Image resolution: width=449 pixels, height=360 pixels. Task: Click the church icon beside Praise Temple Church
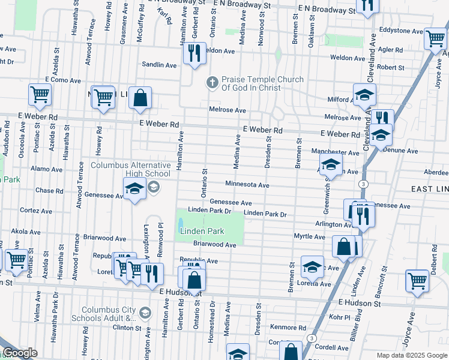point(211,83)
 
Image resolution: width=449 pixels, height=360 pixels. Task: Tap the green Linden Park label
point(202,231)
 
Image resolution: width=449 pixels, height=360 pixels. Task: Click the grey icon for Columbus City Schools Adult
point(145,313)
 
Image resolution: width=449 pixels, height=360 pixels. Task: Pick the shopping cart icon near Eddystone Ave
point(435,39)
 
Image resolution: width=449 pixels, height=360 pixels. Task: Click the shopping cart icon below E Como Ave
point(40,94)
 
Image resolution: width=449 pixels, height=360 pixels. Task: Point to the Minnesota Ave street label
point(247,185)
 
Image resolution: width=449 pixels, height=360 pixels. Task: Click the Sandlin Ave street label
point(159,65)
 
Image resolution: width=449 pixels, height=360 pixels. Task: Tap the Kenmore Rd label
point(288,328)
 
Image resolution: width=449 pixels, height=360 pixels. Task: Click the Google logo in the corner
point(19,353)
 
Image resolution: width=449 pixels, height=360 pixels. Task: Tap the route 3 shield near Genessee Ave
point(363,183)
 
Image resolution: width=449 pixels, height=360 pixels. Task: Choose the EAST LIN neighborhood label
point(429,189)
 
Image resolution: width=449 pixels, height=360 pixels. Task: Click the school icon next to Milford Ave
point(363,96)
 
